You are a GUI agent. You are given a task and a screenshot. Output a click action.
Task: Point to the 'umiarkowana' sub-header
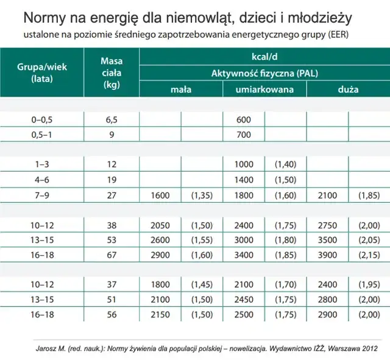click(x=264, y=90)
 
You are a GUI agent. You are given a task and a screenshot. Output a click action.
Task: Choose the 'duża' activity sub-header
click(x=348, y=90)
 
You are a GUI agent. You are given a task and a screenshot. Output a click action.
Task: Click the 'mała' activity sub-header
click(x=181, y=90)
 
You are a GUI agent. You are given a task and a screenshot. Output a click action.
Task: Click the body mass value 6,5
click(x=112, y=120)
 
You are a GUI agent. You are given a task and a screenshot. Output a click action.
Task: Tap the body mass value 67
click(x=112, y=255)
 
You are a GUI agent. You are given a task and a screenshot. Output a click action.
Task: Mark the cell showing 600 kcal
click(x=243, y=120)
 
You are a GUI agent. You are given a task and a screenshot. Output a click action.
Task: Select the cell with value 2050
click(x=160, y=225)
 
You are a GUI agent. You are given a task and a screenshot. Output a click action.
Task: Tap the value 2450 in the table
click(x=243, y=300)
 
